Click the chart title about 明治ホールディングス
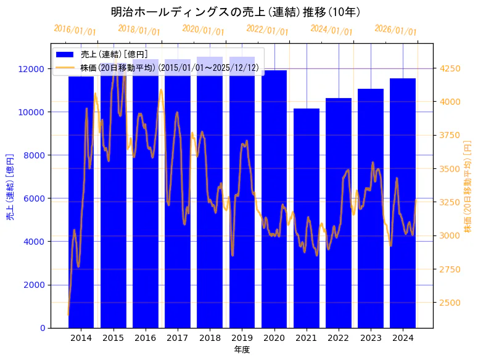236,12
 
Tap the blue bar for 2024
403,203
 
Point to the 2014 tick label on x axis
81,338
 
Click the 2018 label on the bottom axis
210,338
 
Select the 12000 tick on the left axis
34,69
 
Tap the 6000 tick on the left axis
36,198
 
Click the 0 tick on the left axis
43,328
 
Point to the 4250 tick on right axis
448,68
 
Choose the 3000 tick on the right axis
448,235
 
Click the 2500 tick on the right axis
448,302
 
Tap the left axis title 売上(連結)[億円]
10,187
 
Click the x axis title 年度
242,350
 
